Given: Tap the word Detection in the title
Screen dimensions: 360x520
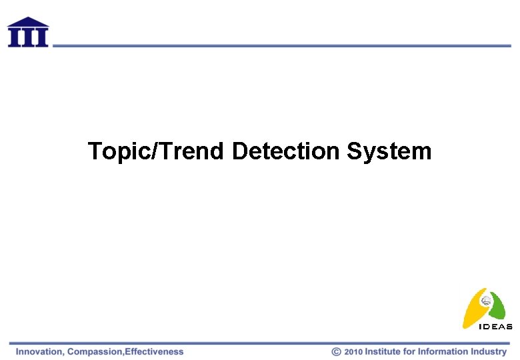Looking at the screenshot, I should [286, 151].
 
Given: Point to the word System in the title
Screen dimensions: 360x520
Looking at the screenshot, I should [389, 152].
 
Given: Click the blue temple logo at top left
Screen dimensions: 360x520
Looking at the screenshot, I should [27, 32].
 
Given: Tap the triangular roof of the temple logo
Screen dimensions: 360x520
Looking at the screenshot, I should [27, 22].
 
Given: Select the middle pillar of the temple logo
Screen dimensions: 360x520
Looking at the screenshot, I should [27, 37].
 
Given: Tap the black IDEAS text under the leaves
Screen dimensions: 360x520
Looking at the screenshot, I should [496, 327].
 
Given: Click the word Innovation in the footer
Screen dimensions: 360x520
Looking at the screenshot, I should [39, 351].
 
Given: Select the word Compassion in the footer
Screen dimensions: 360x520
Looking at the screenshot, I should [95, 351].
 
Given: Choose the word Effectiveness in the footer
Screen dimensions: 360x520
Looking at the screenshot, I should [154, 351].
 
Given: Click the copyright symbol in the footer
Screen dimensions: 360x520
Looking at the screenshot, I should [337, 351].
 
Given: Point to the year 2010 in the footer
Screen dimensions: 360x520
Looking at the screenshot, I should [353, 351].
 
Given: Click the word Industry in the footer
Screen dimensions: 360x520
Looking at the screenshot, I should [489, 351].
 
